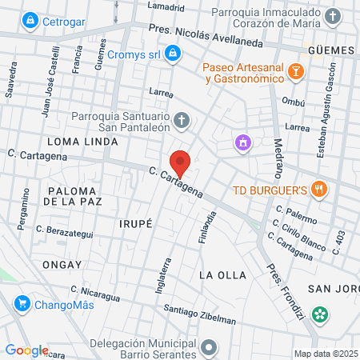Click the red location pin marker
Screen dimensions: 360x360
click(x=181, y=162)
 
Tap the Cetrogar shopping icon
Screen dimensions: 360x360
click(x=30, y=19)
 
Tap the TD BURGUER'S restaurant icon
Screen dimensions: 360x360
click(x=319, y=190)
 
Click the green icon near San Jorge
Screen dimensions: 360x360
click(x=321, y=314)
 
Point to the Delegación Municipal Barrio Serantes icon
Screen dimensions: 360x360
click(x=210, y=347)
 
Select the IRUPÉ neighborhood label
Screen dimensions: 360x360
click(x=135, y=223)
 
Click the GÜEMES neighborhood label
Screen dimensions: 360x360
click(x=330, y=50)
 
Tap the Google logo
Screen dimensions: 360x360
click(x=26, y=350)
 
